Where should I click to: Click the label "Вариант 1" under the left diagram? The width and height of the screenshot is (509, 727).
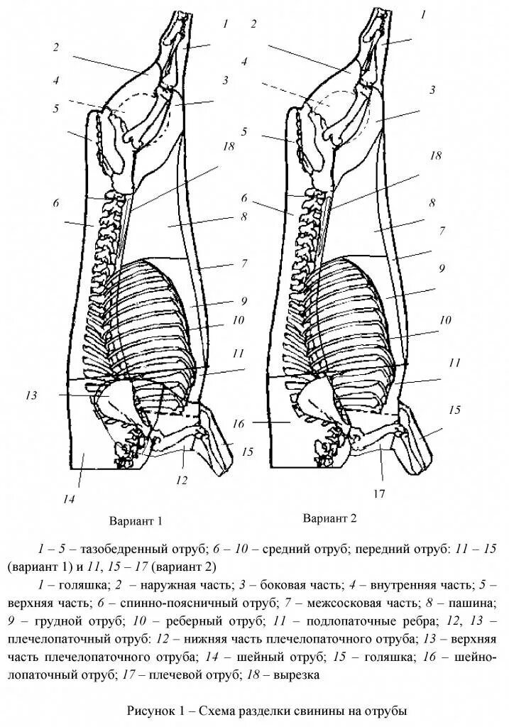click(x=136, y=521)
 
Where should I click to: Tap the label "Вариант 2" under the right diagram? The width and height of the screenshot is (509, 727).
click(x=329, y=518)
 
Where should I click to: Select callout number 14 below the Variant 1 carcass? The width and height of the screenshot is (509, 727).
click(x=68, y=499)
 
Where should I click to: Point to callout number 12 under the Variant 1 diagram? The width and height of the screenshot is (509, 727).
click(x=182, y=481)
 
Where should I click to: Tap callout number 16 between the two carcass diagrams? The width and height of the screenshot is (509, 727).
click(x=239, y=423)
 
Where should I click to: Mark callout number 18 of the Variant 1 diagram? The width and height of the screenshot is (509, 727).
click(x=227, y=146)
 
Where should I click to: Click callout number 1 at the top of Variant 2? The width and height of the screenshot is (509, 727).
click(x=424, y=13)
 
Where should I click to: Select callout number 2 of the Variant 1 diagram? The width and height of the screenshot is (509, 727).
click(x=55, y=48)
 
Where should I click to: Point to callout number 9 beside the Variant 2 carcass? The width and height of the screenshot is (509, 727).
click(x=441, y=268)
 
